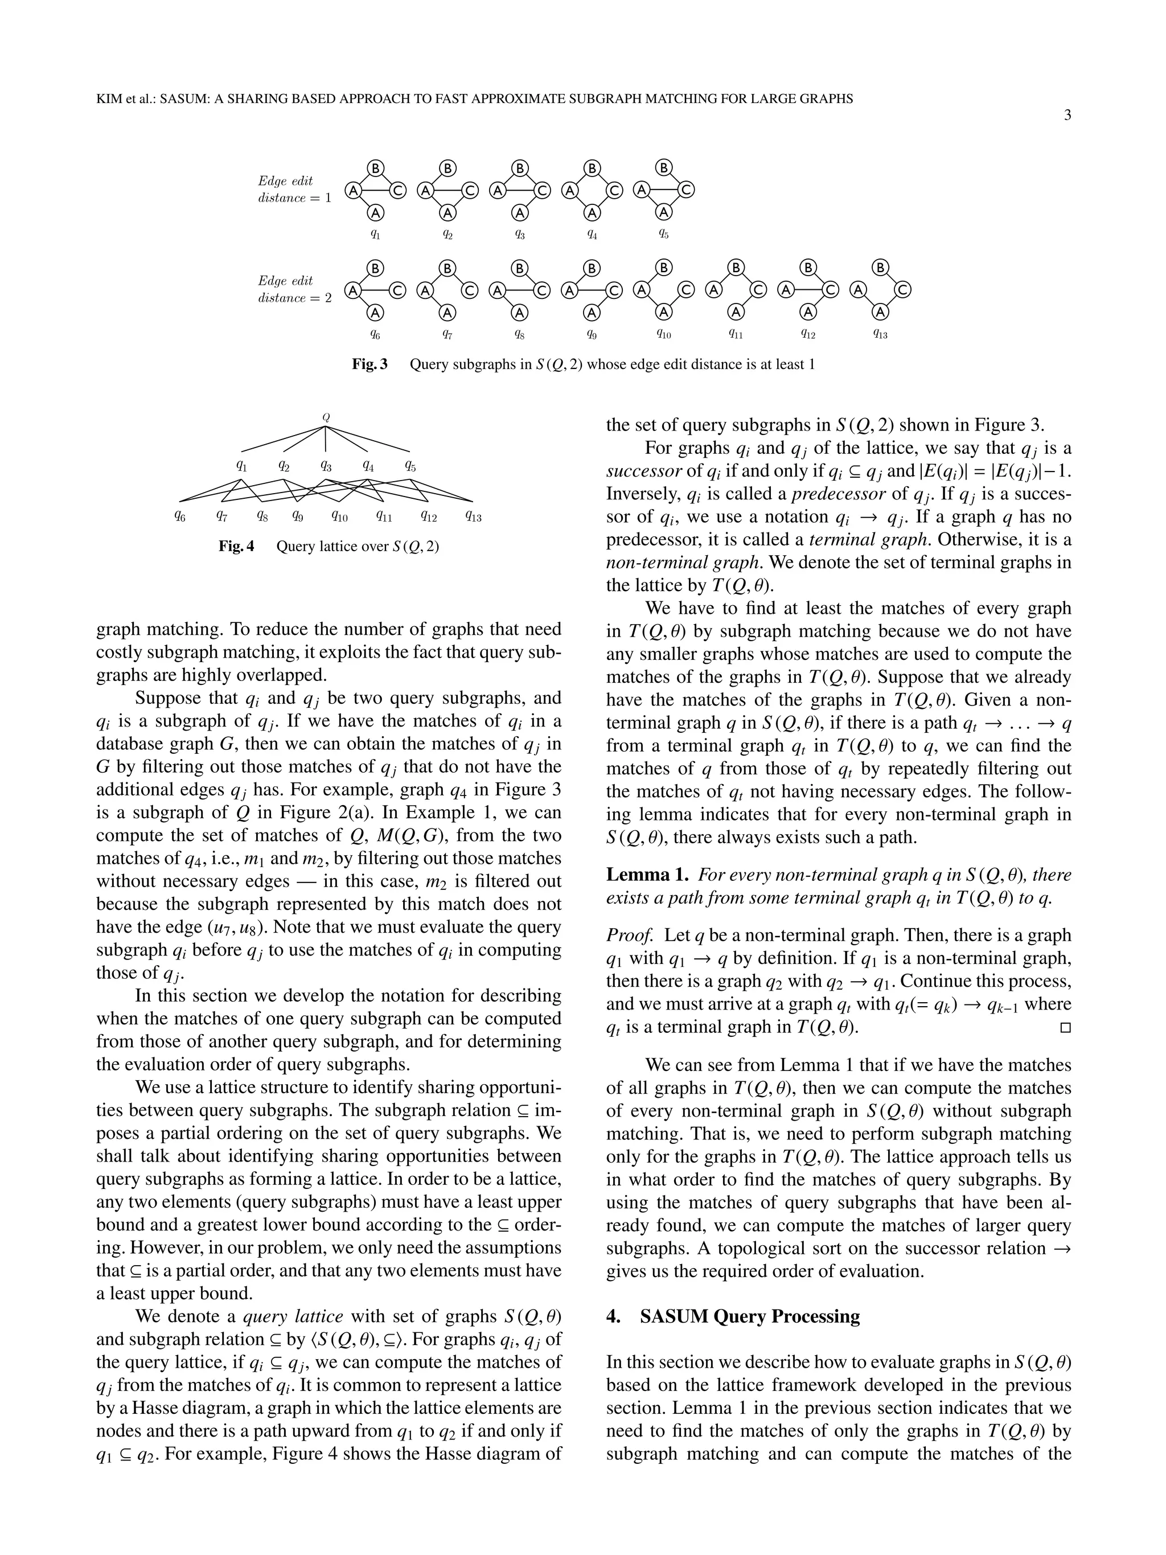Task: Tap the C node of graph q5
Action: [687, 190]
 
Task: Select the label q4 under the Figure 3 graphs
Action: [593, 235]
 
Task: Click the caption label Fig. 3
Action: [369, 364]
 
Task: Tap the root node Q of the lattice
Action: [326, 417]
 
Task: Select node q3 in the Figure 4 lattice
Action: [326, 465]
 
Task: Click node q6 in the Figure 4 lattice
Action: [180, 516]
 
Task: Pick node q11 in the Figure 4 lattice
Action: [384, 516]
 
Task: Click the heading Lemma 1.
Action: [647, 875]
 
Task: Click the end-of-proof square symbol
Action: [1065, 1028]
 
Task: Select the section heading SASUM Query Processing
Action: [749, 1316]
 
